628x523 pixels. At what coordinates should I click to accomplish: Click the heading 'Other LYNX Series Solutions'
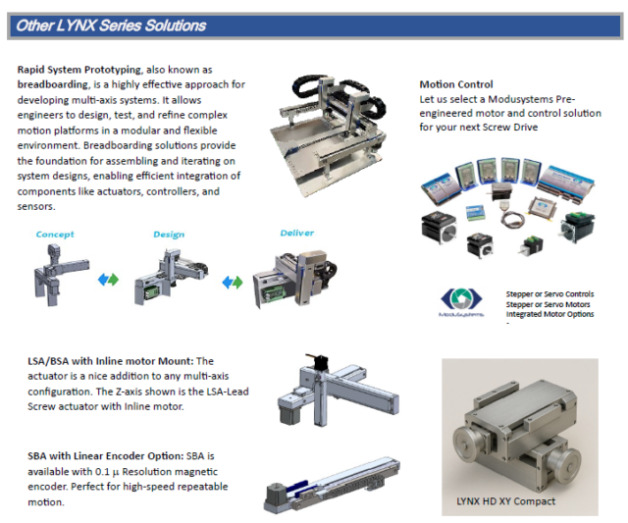(109, 26)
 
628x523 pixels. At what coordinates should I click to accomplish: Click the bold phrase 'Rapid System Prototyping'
(78, 70)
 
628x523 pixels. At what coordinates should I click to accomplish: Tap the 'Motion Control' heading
(455, 85)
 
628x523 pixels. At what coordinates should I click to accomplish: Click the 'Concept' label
(55, 235)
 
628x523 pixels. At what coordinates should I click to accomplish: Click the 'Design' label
(169, 235)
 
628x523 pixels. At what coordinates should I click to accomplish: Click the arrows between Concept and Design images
(108, 280)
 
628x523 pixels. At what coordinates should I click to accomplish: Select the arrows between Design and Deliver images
(233, 282)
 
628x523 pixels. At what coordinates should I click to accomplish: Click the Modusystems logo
(458, 301)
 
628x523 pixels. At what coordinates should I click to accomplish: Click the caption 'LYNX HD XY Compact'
(505, 501)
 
